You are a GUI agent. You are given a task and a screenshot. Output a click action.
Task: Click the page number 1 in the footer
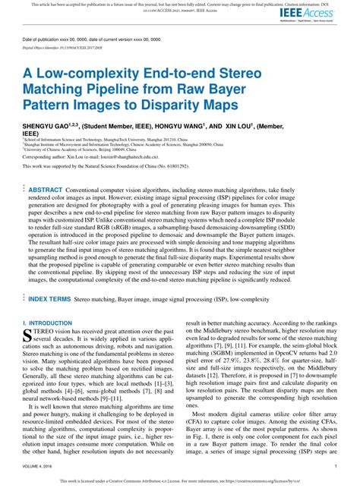point(335,467)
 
